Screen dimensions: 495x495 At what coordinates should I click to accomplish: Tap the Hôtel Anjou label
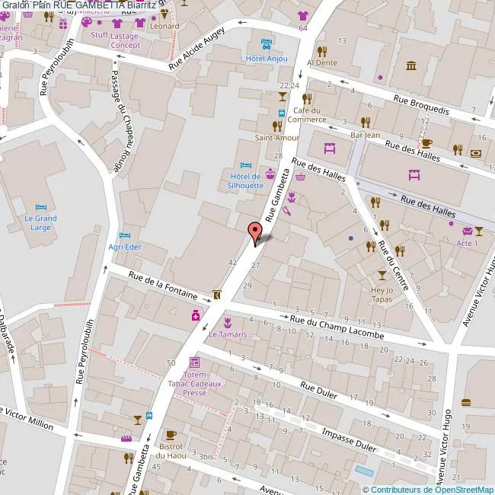pyautogui.click(x=264, y=58)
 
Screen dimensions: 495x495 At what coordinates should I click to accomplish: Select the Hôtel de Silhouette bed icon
pyautogui.click(x=245, y=165)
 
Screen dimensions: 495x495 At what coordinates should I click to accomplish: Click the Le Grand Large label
pyautogui.click(x=40, y=223)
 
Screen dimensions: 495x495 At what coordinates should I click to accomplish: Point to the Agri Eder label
pyautogui.click(x=126, y=247)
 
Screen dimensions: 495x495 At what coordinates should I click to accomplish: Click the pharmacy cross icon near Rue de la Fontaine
pyautogui.click(x=196, y=315)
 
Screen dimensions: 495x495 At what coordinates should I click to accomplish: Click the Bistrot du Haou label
pyautogui.click(x=171, y=450)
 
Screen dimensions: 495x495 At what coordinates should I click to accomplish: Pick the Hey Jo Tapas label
pyautogui.click(x=381, y=294)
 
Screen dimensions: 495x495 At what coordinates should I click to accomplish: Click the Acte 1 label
pyautogui.click(x=467, y=243)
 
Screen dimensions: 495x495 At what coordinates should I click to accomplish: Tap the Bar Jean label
pyautogui.click(x=365, y=135)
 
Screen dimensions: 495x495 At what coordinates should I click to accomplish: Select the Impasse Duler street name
pyautogui.click(x=349, y=439)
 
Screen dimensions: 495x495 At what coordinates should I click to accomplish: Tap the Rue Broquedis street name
pyautogui.click(x=421, y=104)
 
